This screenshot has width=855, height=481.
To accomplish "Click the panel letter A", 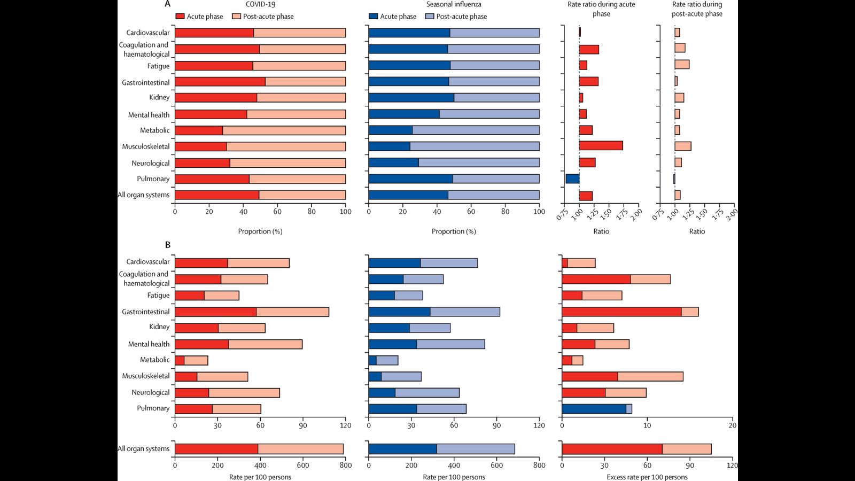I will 168,4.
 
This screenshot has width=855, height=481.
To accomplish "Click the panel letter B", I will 168,245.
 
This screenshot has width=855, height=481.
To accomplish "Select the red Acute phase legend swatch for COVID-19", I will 180,17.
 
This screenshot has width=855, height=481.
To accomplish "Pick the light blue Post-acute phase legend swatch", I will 430,17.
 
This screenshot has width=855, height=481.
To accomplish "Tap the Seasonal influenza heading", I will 454,4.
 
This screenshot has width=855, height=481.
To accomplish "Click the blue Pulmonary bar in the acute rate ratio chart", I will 572,179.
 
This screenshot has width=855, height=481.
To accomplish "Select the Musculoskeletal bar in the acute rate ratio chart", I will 601,145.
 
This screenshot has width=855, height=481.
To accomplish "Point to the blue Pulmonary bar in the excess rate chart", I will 594,409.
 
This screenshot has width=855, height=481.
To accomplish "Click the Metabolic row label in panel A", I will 154,130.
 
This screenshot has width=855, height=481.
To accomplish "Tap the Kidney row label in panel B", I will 159,327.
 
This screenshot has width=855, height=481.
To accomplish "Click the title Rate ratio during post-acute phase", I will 697,9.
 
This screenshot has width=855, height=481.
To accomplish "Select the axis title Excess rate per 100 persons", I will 647,477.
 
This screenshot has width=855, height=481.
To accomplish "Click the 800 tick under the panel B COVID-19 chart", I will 346,465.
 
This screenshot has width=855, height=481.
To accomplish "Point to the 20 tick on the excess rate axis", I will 732,425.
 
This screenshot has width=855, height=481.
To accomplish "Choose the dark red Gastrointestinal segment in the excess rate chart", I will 621,312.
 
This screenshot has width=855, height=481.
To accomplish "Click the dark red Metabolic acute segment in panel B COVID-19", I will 180,360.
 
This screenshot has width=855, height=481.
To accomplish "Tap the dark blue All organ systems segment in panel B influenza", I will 402,449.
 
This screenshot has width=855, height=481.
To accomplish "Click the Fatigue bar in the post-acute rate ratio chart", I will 682,65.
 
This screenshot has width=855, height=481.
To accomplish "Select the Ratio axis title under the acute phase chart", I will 601,231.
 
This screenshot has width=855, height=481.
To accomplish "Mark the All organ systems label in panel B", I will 143,449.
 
